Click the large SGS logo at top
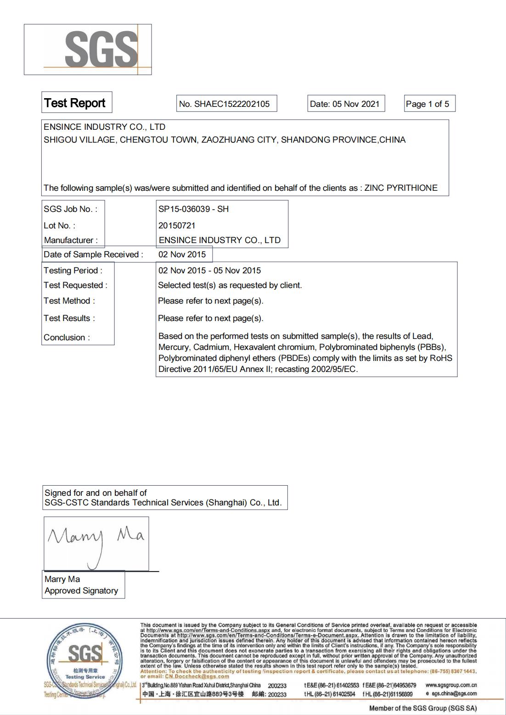101,49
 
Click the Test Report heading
75,103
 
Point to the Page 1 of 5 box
427,104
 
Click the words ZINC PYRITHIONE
401,188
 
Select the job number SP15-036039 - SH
193,209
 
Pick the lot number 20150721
177,226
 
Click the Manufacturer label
71,240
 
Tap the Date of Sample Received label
93,255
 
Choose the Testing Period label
73,271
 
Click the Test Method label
69,301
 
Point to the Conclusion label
67,338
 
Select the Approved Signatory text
81,591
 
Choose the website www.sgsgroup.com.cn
451,685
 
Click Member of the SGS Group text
423,709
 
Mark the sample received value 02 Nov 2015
182,255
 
